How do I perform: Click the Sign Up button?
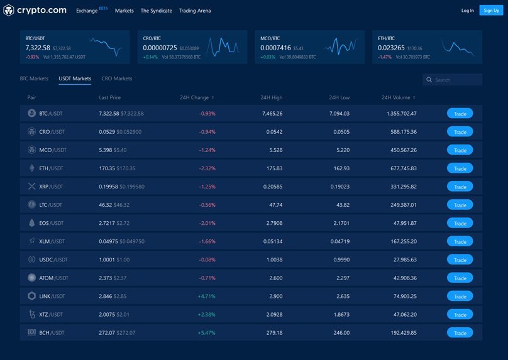pyautogui.click(x=490, y=11)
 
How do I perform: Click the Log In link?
pyautogui.click(x=467, y=11)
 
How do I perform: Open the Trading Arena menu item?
pyautogui.click(x=195, y=11)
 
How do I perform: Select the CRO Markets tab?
pyautogui.click(x=117, y=79)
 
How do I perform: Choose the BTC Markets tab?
pyautogui.click(x=34, y=79)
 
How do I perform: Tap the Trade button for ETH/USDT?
pyautogui.click(x=460, y=168)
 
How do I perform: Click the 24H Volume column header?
pyautogui.click(x=397, y=98)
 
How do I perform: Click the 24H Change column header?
pyautogui.click(x=195, y=98)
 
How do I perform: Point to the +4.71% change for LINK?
pyautogui.click(x=206, y=296)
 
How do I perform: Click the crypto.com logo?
pyautogui.click(x=35, y=10)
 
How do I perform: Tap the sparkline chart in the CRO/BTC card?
pyautogui.click(x=223, y=45)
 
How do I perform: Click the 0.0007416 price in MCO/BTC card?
pyautogui.click(x=275, y=48)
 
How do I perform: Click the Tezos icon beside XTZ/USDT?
pyautogui.click(x=32, y=314)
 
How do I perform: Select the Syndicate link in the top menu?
pyautogui.click(x=156, y=11)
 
